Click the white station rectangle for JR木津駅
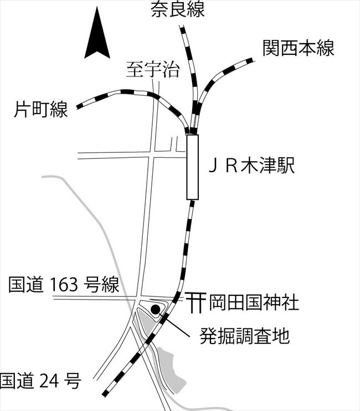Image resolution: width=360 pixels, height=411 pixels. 192,166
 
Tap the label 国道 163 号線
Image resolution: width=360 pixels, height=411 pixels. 64,286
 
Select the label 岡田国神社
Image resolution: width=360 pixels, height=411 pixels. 254,303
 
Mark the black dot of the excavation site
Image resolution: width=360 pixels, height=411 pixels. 156,309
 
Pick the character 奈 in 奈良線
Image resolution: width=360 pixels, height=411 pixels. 160,10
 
